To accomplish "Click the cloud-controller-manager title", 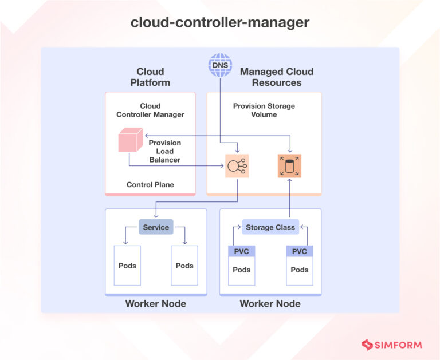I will [220, 22].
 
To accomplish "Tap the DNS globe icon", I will [220, 65].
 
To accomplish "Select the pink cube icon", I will [129, 140].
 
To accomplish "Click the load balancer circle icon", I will [237, 166].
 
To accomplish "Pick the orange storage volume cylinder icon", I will [289, 166].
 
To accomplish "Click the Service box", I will [156, 227].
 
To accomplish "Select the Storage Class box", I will [270, 227].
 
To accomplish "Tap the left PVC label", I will [242, 252].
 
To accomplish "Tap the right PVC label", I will [300, 252].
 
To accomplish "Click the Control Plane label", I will [150, 185].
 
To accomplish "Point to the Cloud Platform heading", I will [150, 77].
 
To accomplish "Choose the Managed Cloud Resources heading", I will [277, 77].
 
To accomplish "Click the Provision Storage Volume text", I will [264, 110].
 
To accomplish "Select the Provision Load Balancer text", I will [165, 151].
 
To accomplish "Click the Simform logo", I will [391, 345].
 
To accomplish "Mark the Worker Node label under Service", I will [156, 303].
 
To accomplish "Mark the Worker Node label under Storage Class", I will [270, 303].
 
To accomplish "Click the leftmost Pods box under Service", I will [127, 266].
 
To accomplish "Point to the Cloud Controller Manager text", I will [150, 110].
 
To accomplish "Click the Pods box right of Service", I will [184, 266].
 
